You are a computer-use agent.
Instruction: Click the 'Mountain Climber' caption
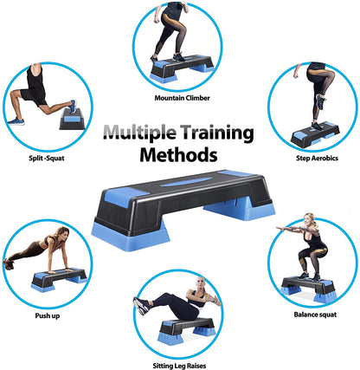[182, 98]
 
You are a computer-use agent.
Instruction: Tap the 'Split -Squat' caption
[47, 158]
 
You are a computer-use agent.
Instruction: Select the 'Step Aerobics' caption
[317, 158]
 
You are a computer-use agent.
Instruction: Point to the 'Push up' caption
[48, 315]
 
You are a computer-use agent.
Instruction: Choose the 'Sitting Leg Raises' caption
[179, 366]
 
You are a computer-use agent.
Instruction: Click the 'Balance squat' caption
[315, 315]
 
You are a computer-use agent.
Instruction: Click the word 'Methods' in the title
[178, 155]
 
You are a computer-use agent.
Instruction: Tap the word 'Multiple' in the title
[139, 133]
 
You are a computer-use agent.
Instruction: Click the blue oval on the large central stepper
[185, 182]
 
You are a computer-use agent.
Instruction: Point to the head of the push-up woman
[63, 233]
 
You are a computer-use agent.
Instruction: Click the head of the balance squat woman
[309, 219]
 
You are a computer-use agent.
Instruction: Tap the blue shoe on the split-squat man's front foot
[16, 121]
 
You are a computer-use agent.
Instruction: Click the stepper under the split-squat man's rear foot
[72, 119]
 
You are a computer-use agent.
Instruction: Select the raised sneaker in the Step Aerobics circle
[320, 101]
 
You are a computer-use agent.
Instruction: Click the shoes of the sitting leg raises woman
[142, 306]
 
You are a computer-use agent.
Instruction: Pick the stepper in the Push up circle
[59, 279]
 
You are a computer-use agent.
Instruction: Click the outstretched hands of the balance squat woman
[282, 229]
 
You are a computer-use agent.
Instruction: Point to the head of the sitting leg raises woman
[200, 283]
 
